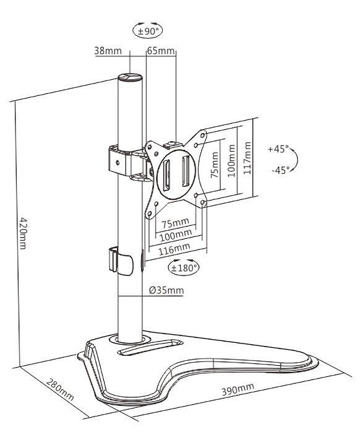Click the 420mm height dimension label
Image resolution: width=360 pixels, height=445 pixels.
point(23,233)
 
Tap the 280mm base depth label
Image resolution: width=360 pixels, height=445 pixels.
point(60,389)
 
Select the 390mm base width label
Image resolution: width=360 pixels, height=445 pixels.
point(238,389)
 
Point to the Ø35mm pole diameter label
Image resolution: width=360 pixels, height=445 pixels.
point(166,290)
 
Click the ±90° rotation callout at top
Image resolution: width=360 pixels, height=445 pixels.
point(147,30)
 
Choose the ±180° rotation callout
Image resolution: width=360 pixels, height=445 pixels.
point(184,267)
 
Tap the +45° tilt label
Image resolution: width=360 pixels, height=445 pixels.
point(278,149)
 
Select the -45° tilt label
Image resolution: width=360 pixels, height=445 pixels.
point(281,170)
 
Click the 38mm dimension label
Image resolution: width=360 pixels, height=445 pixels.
point(108,51)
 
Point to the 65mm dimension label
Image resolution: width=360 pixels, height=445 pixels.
point(161,51)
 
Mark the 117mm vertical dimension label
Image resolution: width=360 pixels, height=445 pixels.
point(247,158)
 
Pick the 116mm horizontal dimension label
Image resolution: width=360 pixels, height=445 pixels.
point(174,249)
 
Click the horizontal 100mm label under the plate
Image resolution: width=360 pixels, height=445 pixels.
point(176,235)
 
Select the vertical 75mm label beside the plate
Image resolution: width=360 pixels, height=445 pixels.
point(215,165)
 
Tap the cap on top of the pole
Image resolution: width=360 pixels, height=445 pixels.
point(130,77)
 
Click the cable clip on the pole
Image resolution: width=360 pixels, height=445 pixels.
point(121,261)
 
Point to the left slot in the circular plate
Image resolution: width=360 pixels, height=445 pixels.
point(166,175)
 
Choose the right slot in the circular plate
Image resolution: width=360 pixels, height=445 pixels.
point(186,171)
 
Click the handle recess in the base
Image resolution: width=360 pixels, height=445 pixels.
point(150,347)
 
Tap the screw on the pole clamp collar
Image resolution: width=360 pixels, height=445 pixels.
point(118,163)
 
